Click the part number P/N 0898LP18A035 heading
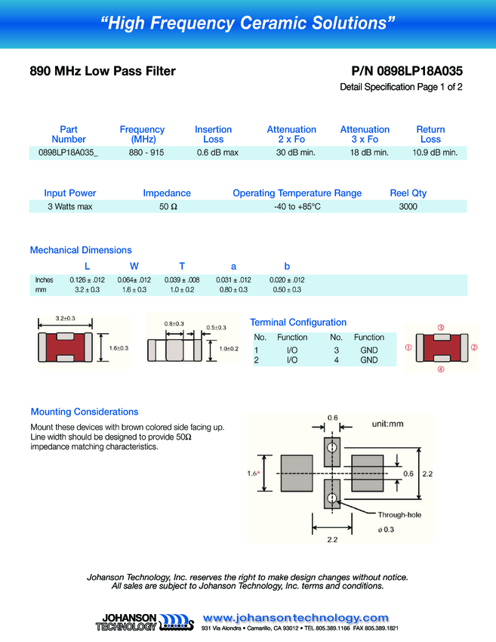407,71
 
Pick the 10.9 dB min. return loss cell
434,153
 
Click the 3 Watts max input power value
69,206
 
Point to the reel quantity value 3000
408,206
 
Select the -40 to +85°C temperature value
297,206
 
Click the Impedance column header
167,193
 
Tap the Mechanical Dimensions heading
81,250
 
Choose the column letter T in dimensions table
182,266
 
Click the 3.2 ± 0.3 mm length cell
87,290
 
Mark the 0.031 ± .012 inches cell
233,280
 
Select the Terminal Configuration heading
298,323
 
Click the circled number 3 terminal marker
440,328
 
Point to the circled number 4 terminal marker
440,370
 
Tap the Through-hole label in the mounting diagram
399,514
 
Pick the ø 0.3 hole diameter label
385,529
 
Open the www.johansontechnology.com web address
296,618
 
